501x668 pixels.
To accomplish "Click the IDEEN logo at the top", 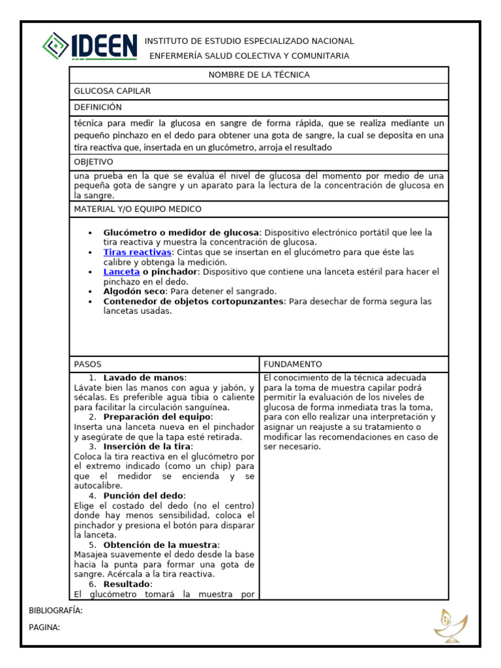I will click(89, 46).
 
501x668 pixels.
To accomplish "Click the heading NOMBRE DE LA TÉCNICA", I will click(259, 75).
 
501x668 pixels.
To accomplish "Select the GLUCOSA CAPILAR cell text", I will click(112, 91).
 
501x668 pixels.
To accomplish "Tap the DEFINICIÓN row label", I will click(98, 107).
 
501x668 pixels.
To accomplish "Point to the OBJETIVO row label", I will click(93, 162).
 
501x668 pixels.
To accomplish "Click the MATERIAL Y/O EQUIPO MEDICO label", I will click(138, 209).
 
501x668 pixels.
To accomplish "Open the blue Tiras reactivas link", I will click(137, 252).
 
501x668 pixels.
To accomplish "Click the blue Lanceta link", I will click(121, 271).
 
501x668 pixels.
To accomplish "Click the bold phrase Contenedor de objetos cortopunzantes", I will click(194, 301).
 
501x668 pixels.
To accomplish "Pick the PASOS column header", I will click(88, 364).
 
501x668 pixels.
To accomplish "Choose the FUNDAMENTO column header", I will click(293, 364).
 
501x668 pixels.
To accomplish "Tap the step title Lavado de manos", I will click(144, 378).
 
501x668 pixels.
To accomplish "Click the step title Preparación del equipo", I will click(158, 417).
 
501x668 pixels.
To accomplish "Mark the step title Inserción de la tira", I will click(147, 446).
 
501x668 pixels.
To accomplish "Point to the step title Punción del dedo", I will click(144, 496).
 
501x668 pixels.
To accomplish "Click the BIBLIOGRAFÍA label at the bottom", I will click(56, 611).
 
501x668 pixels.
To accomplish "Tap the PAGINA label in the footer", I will click(45, 628).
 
